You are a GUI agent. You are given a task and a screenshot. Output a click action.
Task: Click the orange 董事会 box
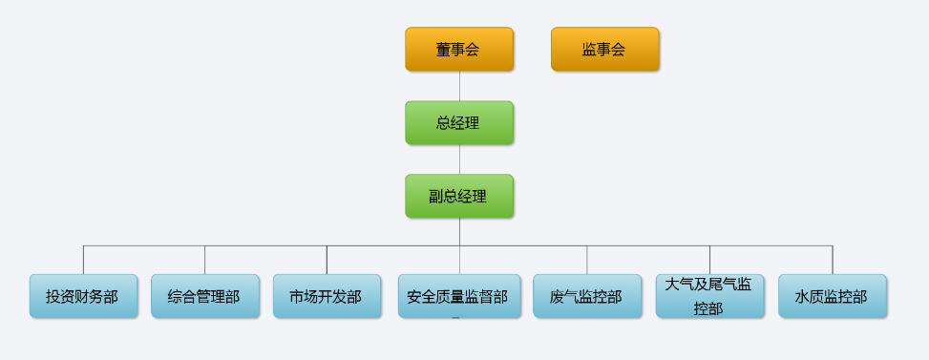(x=458, y=50)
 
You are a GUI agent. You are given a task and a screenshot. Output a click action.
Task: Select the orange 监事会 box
(x=604, y=50)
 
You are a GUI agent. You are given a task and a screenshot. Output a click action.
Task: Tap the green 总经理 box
(x=458, y=123)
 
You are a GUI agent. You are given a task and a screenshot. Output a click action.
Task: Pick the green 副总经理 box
(x=458, y=197)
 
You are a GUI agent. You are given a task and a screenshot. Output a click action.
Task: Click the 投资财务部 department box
(x=83, y=297)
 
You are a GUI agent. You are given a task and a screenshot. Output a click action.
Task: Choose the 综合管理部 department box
(x=204, y=297)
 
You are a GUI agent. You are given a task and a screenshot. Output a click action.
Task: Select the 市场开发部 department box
(x=327, y=297)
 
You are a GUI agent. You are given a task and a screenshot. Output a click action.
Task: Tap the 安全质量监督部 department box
(x=458, y=297)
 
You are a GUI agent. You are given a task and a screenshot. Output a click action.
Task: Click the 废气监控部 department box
(x=587, y=297)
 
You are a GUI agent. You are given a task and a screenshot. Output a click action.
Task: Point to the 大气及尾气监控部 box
(x=709, y=296)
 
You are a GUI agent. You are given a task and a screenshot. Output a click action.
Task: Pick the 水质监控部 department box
(x=832, y=297)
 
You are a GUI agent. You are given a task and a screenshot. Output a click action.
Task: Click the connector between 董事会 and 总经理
(x=459, y=86)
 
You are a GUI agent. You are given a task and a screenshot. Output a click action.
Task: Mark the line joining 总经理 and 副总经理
(x=459, y=159)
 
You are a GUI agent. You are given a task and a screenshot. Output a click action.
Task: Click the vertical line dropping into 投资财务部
(x=83, y=260)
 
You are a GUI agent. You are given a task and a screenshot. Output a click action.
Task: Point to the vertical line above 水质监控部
(x=833, y=260)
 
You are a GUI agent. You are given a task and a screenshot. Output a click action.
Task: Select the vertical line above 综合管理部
(x=204, y=260)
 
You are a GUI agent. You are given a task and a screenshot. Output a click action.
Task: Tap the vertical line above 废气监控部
(x=587, y=260)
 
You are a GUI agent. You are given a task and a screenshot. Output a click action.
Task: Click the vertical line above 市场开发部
(x=327, y=260)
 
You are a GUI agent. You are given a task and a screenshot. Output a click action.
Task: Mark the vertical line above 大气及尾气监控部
(x=709, y=260)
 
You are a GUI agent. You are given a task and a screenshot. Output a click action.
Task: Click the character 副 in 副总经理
(x=436, y=197)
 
